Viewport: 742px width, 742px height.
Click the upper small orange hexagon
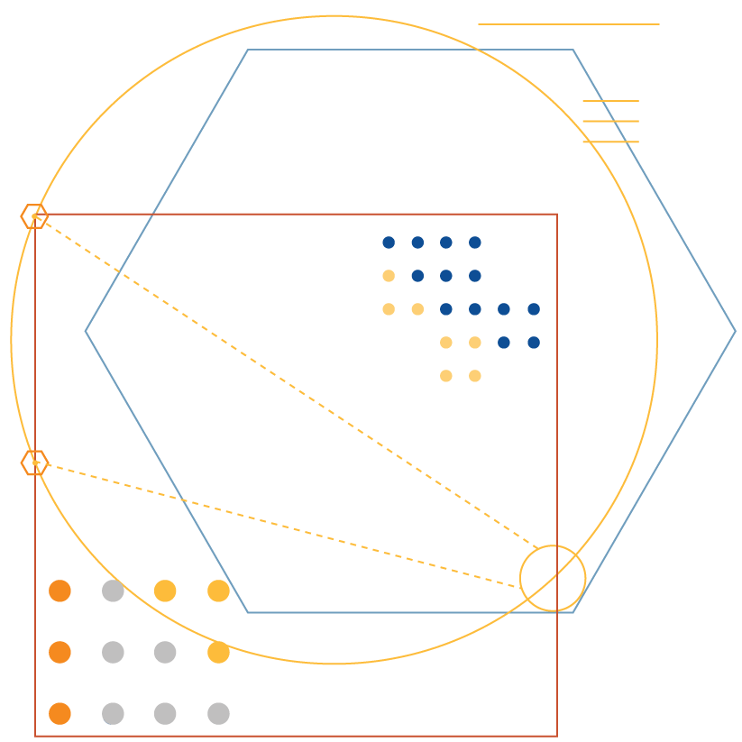click(x=34, y=216)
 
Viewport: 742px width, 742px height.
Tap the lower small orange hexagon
click(x=34, y=463)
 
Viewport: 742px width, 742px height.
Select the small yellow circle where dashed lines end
click(x=553, y=578)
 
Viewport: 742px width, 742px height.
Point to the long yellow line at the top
click(x=568, y=24)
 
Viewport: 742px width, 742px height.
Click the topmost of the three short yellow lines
click(x=610, y=101)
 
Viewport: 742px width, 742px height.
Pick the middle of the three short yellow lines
click(x=610, y=121)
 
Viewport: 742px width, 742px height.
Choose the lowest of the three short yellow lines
click(x=610, y=142)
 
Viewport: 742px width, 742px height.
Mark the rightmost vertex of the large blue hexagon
click(x=736, y=331)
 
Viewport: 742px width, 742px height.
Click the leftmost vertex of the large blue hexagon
click(x=86, y=331)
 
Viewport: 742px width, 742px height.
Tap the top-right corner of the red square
click(x=557, y=215)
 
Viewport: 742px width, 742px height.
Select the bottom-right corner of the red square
click(x=557, y=736)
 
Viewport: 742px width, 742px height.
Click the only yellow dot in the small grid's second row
click(x=389, y=276)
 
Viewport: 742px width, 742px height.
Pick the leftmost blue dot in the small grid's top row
click(x=389, y=243)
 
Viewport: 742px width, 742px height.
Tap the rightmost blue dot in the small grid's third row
click(x=534, y=309)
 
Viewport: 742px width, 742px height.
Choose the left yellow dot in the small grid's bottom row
click(x=446, y=376)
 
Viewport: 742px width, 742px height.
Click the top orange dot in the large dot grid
click(x=60, y=591)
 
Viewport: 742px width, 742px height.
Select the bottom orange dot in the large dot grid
click(x=60, y=713)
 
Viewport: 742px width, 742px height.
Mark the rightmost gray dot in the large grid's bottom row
click(x=218, y=713)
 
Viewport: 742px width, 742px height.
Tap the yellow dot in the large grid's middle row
click(x=218, y=652)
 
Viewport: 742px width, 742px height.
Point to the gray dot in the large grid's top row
click(x=113, y=591)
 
